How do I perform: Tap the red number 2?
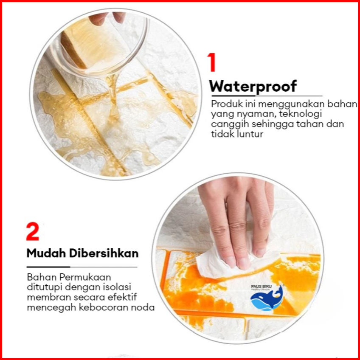33,231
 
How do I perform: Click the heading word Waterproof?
253,87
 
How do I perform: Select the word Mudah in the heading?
46,253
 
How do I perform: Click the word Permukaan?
85,277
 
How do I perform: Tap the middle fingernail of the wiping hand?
244,264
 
